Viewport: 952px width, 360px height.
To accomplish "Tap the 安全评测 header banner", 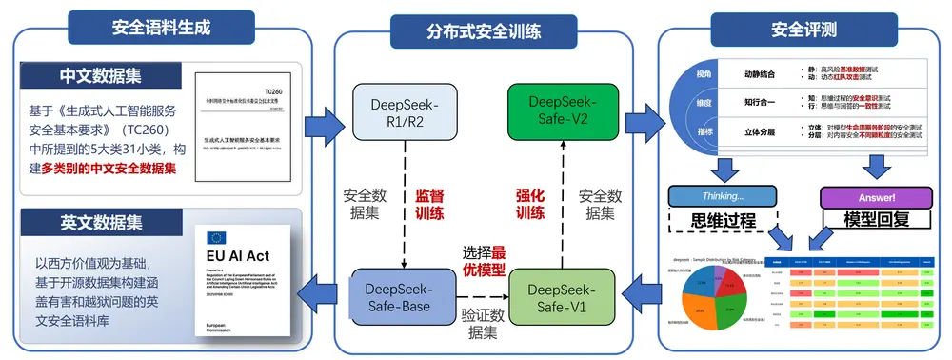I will pos(802,29).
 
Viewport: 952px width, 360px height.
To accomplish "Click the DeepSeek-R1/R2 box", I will pos(397,111).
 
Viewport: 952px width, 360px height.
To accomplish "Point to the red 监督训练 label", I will pos(429,203).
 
